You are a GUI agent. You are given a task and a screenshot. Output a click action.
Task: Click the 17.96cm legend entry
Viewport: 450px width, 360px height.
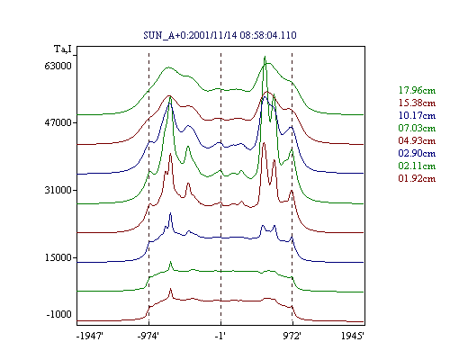(417, 90)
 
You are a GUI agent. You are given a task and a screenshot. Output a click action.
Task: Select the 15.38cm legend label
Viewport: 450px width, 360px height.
(417, 103)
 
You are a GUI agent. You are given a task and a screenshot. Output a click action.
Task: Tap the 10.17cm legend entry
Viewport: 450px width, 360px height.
(417, 115)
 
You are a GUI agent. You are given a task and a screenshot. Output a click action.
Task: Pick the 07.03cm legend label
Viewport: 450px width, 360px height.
(417, 128)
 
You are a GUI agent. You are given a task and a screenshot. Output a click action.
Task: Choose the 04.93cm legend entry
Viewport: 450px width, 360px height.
(417, 140)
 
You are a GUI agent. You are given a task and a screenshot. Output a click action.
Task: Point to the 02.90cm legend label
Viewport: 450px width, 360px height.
(417, 153)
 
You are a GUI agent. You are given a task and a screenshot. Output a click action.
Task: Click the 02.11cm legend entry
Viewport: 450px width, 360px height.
(417, 166)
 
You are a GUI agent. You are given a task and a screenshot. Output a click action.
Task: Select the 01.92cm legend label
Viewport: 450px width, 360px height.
(417, 178)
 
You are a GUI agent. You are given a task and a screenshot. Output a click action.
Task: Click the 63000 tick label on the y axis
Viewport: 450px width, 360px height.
(58, 66)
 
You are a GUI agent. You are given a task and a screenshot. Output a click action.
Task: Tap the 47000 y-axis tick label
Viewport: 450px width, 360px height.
(58, 122)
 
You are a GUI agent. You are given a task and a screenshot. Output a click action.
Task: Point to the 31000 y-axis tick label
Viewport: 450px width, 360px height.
(58, 190)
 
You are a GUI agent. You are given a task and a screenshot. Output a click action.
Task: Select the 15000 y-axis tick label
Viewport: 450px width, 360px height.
(58, 257)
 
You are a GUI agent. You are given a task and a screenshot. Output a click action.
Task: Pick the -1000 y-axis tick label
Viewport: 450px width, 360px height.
(58, 314)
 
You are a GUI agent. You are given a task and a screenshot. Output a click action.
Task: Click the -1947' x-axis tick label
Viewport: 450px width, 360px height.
(90, 336)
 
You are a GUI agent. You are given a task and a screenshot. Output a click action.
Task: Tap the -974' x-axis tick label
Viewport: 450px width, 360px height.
(148, 336)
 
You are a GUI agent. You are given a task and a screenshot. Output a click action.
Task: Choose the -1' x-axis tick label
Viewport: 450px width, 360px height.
(220, 336)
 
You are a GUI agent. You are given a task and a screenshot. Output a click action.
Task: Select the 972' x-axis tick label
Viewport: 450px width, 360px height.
(292, 336)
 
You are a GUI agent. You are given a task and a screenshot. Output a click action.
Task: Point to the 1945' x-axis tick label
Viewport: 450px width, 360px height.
(353, 336)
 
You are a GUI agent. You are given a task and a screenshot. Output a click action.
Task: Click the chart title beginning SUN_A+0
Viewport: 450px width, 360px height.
(220, 35)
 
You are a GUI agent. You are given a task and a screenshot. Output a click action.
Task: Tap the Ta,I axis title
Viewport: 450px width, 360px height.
(63, 49)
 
